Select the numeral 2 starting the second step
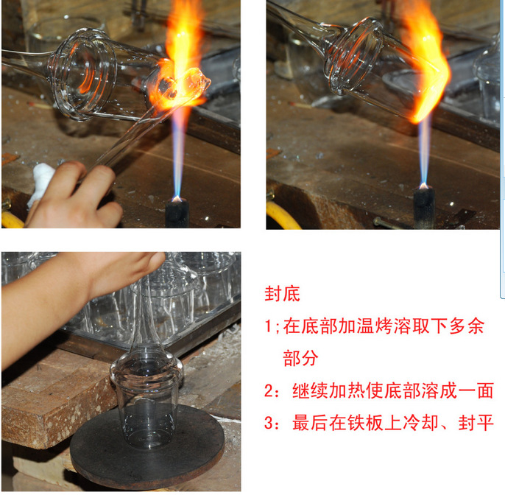pos(269,391)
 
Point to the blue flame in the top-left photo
pos(177,155)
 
